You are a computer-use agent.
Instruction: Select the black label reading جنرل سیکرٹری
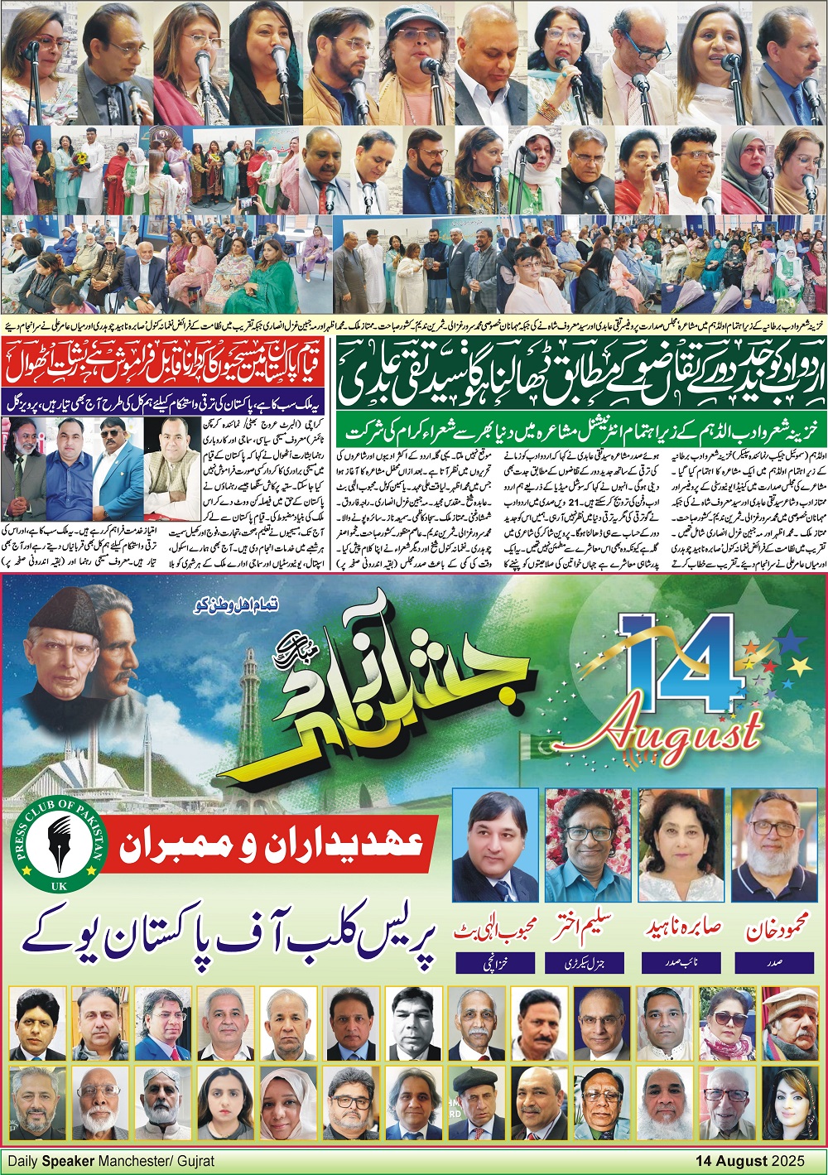pos(590,964)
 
